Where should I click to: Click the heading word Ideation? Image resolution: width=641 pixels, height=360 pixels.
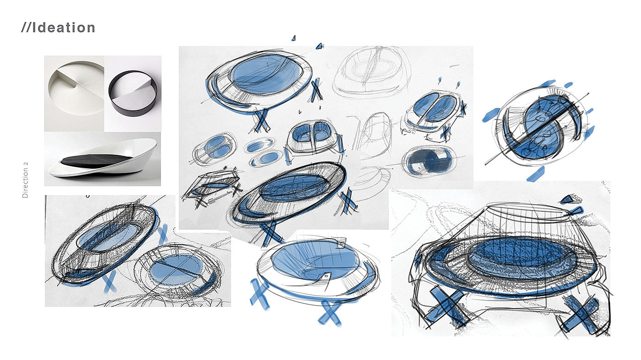63,28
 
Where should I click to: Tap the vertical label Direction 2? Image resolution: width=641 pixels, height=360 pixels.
25,180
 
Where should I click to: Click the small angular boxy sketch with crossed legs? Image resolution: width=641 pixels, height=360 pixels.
212,186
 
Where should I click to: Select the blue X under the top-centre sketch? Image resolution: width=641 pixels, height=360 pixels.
261,120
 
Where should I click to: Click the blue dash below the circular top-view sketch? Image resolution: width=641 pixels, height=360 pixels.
535,175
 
